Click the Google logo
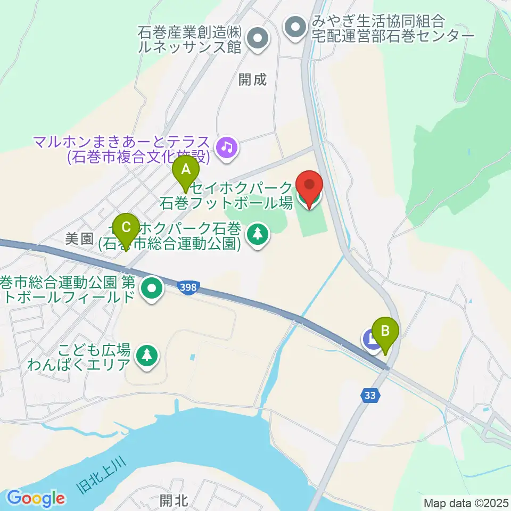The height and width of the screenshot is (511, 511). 36,498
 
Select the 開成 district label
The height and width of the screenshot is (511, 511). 252,80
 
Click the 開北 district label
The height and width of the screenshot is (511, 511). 174,500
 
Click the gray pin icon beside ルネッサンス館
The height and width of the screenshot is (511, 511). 258,38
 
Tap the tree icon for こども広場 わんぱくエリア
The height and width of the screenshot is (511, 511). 145,356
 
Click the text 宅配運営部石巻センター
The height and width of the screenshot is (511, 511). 392,36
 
